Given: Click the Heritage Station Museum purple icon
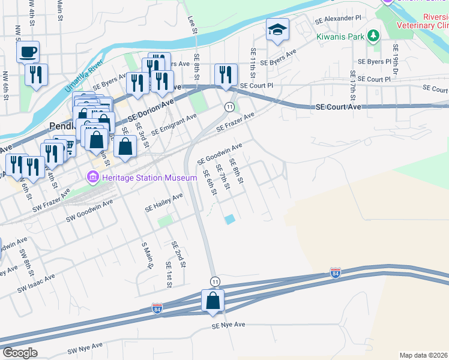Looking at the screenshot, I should pos(93,178).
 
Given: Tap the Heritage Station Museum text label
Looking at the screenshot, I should pos(149,178).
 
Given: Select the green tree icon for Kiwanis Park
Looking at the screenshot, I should pos(373,36).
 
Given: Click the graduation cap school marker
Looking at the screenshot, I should pos(278,29).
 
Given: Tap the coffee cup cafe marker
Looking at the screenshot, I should pos(28,52).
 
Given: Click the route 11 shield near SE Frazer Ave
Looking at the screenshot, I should pos(229,106).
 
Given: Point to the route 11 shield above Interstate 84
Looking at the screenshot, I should pos(214,281).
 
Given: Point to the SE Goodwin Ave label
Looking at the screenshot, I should pos(220,152).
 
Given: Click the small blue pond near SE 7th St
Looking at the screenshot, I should pos(230,220).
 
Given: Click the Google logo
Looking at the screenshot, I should pos(20,353).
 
